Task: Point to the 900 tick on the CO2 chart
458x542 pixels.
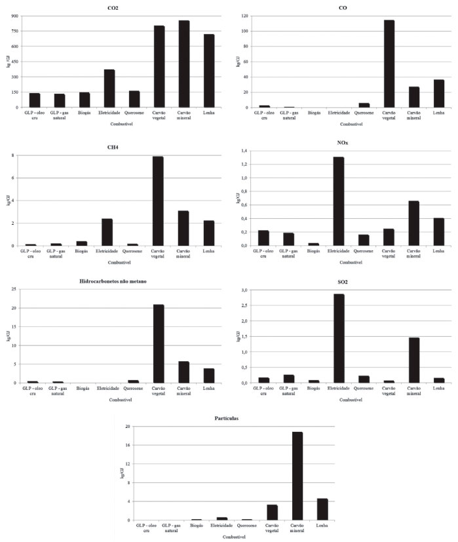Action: [x=11, y=16]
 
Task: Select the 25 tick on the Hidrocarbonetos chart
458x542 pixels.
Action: [x=10, y=290]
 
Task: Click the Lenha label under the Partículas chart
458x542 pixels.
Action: [x=322, y=526]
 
